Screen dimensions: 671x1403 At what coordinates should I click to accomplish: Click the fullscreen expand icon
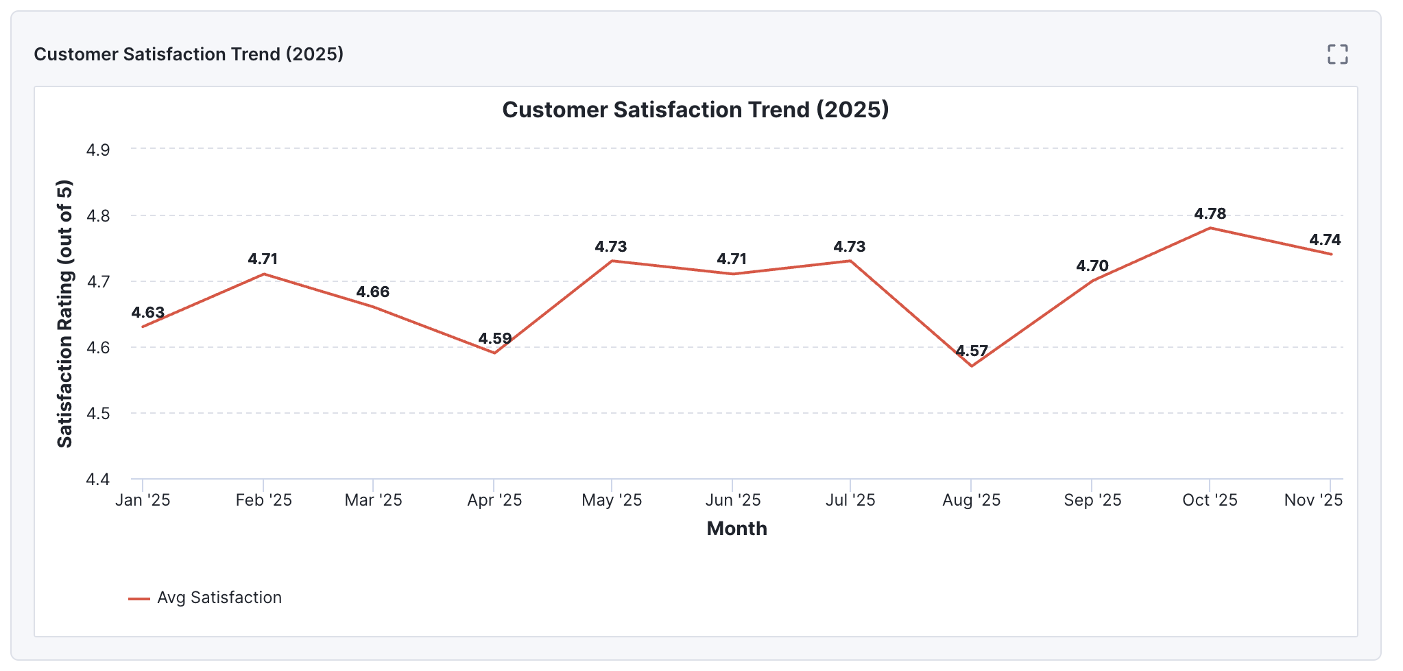tap(1337, 54)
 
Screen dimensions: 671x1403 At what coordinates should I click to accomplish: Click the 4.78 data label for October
tap(1210, 213)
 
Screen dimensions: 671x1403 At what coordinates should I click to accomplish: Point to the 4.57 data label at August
tap(972, 351)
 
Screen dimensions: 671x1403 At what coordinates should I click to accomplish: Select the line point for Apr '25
tap(494, 353)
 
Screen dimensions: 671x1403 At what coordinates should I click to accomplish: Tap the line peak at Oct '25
tap(1210, 228)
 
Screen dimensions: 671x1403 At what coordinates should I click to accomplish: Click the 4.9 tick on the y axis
tap(97, 150)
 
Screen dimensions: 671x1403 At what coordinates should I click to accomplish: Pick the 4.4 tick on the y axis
tap(97, 479)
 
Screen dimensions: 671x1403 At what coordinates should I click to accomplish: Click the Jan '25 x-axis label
tap(143, 500)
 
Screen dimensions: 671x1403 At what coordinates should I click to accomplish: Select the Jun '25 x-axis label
tap(732, 500)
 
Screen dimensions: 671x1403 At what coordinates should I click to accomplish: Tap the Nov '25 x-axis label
tap(1312, 500)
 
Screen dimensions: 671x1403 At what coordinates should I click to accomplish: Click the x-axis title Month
tap(736, 528)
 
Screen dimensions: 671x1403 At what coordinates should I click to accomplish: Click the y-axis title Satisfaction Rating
tap(64, 314)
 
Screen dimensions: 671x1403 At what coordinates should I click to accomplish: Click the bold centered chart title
tap(695, 110)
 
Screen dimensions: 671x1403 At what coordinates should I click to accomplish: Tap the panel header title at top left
tap(189, 54)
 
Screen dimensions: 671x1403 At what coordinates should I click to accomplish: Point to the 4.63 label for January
tap(148, 312)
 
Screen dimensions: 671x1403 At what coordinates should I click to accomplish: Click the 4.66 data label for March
tap(372, 292)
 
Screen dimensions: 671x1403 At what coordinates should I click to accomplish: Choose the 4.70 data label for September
tap(1092, 266)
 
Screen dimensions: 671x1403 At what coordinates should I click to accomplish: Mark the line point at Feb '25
tap(263, 274)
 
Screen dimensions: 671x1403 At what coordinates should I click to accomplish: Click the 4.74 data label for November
tap(1325, 239)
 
